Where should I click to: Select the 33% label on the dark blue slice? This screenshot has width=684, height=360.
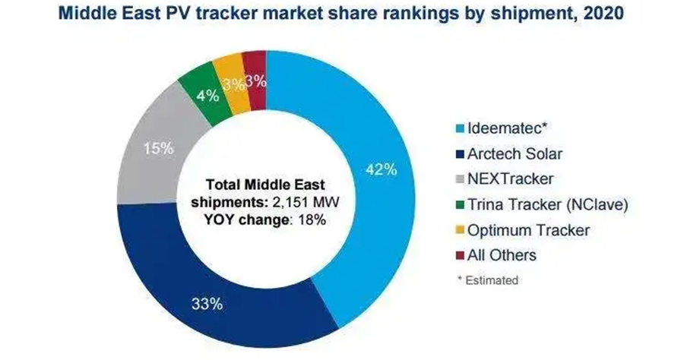[207, 305]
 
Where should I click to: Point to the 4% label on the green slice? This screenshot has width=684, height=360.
[207, 96]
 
